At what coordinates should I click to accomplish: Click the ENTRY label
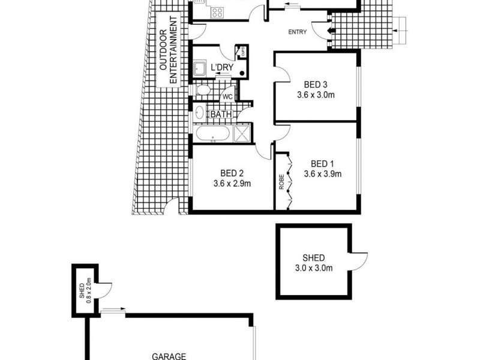[x=299, y=32]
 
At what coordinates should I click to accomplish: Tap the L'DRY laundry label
[x=221, y=67]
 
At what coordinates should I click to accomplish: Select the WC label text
[x=227, y=96]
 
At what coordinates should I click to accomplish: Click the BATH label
[x=219, y=113]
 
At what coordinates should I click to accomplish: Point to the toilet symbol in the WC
[x=203, y=91]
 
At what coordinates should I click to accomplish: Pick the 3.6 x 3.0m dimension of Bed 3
[x=316, y=95]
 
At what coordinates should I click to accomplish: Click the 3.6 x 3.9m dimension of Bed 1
[x=322, y=175]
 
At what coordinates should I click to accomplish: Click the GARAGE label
[x=169, y=355]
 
